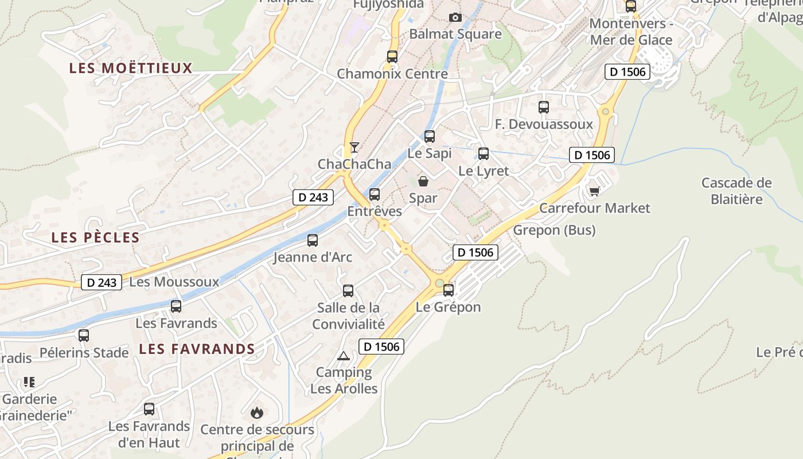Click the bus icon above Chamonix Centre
[x=392, y=57]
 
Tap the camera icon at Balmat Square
[x=455, y=18]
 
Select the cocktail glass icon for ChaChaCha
[x=354, y=147]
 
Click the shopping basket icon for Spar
[x=423, y=182]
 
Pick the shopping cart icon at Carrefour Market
[x=594, y=191]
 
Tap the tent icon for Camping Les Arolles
[x=344, y=356]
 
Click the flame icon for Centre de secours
[x=257, y=412]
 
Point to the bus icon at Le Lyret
[x=484, y=154]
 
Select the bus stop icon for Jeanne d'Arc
[x=313, y=240]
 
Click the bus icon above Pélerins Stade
[x=84, y=336]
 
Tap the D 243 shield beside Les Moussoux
[x=102, y=282]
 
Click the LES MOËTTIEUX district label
[x=131, y=68]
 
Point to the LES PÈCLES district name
[x=95, y=238]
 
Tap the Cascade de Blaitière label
[x=736, y=191]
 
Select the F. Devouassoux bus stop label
[x=544, y=125]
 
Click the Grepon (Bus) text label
[x=554, y=230]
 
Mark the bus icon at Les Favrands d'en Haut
[x=149, y=409]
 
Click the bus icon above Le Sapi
[x=430, y=137]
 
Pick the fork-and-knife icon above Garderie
[x=29, y=382]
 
